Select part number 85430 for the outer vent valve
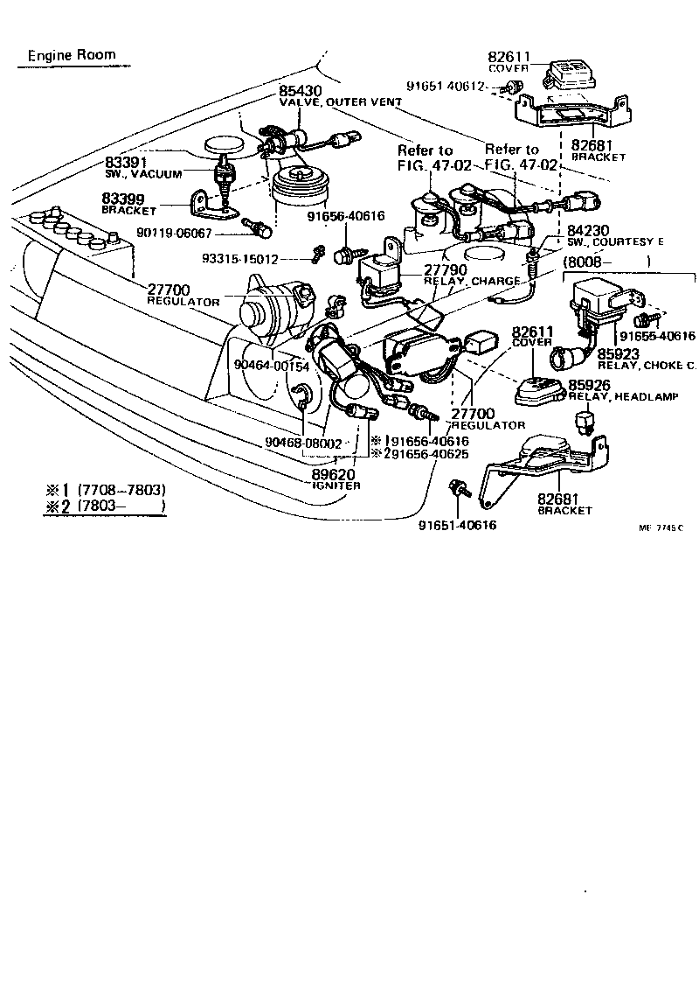(x=300, y=90)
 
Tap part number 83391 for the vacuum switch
(x=127, y=163)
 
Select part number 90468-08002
(x=303, y=444)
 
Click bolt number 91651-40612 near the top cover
(x=452, y=86)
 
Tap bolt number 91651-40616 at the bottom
(x=457, y=525)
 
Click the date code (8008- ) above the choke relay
(x=606, y=262)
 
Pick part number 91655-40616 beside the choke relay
(x=656, y=336)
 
